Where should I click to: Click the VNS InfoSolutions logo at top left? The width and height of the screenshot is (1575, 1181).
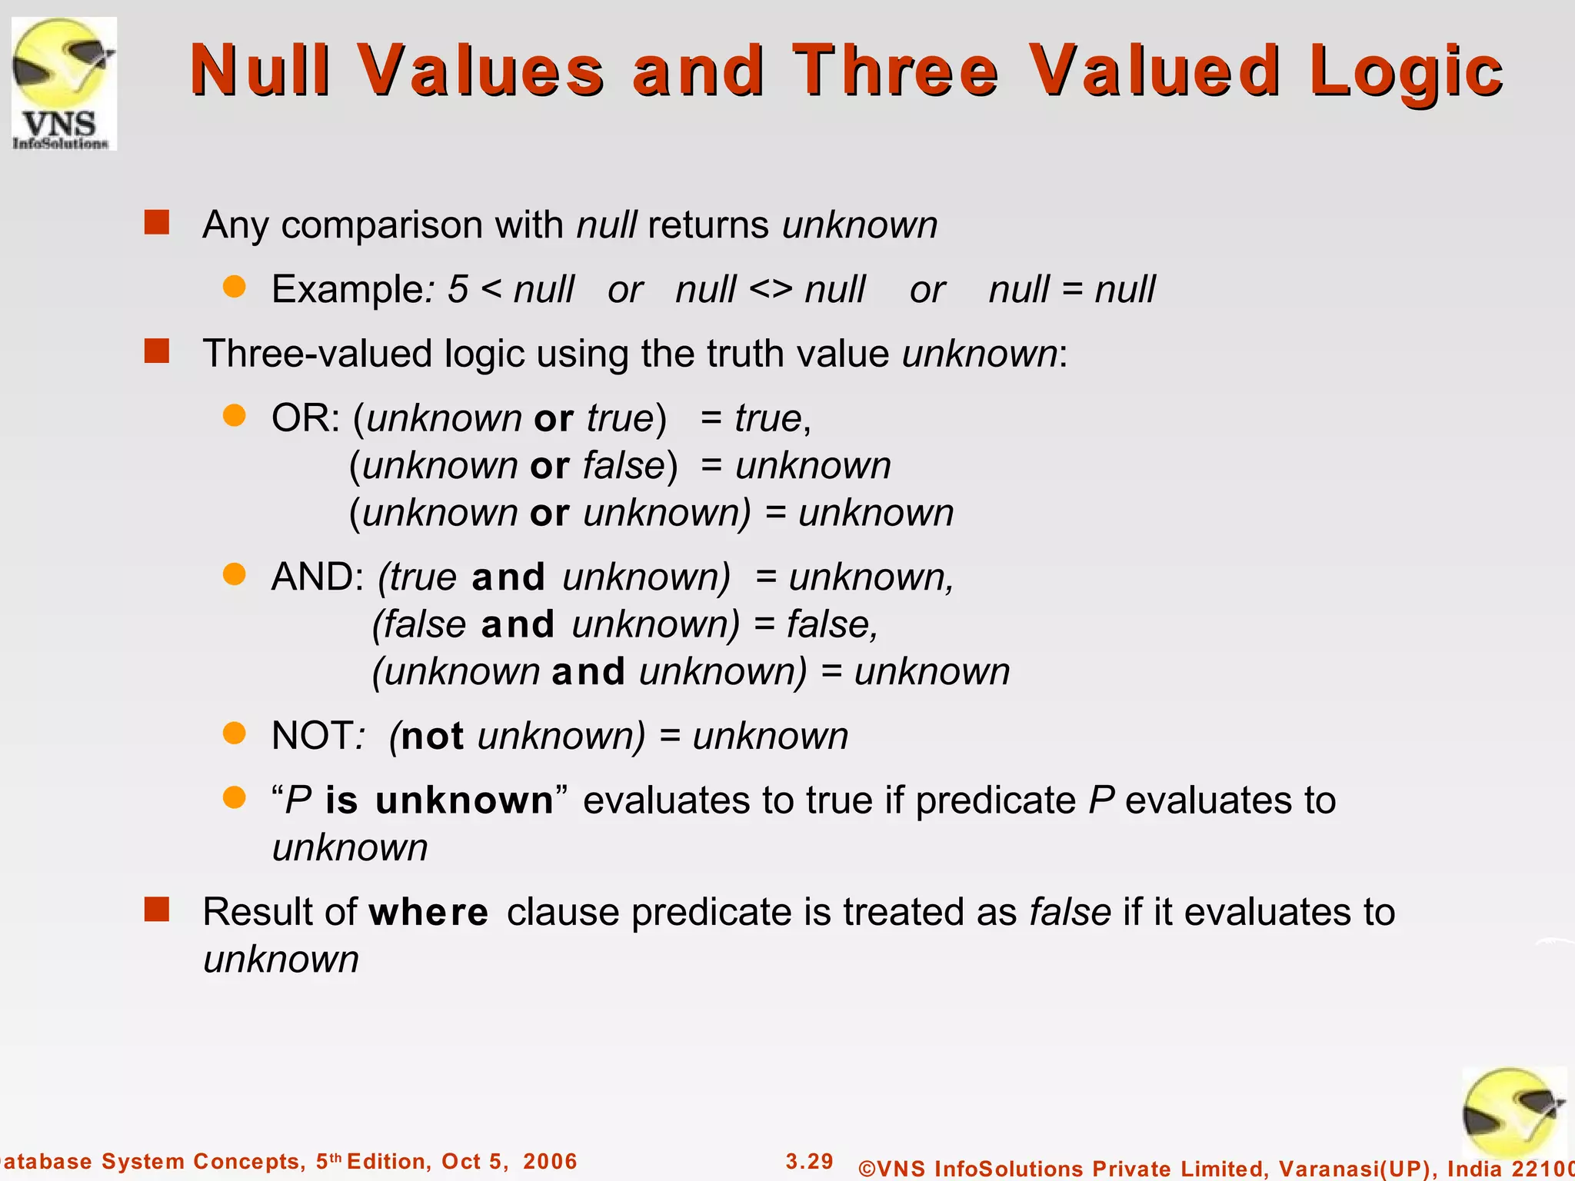[x=64, y=83]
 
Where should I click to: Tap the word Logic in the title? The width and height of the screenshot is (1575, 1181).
[x=1406, y=72]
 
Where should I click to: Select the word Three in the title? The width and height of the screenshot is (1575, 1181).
[x=895, y=71]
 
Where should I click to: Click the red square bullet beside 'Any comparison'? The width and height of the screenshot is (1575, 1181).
[x=157, y=223]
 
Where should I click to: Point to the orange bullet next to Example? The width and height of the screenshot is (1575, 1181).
[x=234, y=288]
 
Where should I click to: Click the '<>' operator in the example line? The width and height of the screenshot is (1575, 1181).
[x=771, y=290]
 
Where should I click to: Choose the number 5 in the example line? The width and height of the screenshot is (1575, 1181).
[x=458, y=290]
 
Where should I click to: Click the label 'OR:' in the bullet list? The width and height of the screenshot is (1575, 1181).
[x=305, y=419]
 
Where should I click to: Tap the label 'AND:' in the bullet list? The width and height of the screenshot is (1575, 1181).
[x=317, y=577]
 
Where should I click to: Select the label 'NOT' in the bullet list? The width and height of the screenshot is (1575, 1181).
[x=311, y=736]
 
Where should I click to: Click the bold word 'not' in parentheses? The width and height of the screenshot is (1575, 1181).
[x=432, y=737]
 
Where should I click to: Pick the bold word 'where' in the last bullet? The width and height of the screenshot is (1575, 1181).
[x=428, y=913]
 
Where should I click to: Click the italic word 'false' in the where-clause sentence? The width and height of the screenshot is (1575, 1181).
[x=1070, y=913]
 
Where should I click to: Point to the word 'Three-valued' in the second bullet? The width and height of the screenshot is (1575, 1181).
[x=318, y=354]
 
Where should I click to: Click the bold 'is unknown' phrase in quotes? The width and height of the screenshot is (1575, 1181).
[x=439, y=801]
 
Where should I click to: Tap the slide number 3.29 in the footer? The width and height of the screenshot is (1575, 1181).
[x=809, y=1161]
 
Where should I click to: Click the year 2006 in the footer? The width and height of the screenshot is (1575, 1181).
[x=550, y=1161]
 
